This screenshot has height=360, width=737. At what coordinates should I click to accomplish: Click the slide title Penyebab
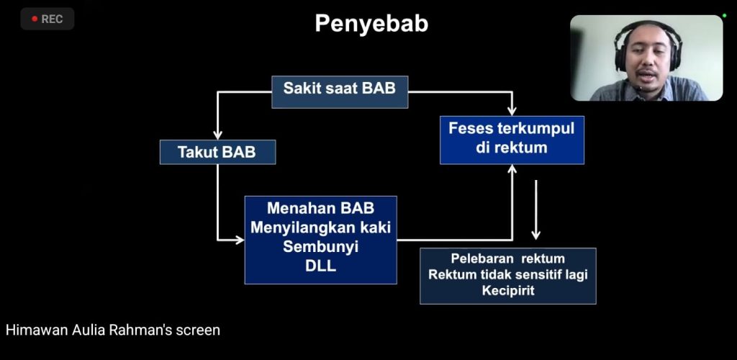coord(371,24)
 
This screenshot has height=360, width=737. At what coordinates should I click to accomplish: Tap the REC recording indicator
coord(48,19)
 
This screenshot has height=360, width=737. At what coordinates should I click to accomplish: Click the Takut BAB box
coord(217,152)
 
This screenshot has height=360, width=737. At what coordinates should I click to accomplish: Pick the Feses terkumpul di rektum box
coord(512,140)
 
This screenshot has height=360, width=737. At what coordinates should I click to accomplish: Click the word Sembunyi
coord(320,246)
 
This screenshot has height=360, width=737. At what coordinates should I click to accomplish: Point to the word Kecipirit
coord(507,290)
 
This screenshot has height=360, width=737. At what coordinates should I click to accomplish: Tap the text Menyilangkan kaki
coord(320,228)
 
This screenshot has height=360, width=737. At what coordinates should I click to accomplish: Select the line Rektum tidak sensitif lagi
coord(507,274)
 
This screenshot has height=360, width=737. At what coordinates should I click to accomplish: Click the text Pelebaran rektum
coord(507,258)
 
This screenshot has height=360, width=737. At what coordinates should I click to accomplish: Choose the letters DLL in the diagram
coord(320,266)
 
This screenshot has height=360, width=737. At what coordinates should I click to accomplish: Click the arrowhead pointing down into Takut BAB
coord(217,135)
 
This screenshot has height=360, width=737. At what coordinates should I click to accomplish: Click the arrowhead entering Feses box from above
coord(512,110)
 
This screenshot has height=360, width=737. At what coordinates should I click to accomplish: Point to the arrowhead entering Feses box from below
coord(512,169)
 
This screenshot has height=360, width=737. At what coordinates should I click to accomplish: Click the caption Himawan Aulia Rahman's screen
coord(113,330)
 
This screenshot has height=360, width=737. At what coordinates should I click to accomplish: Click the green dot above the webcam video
coord(724,15)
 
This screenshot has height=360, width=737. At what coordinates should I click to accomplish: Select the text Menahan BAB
coord(320,209)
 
